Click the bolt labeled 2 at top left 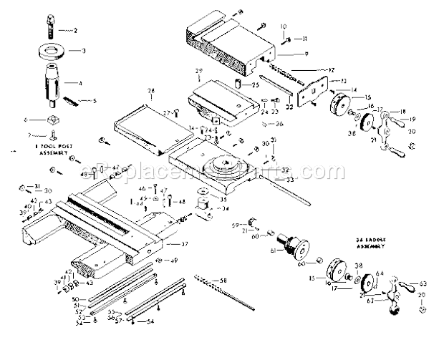coord(52,31)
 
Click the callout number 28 coord(151,92)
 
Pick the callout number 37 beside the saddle coord(184,244)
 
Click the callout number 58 coord(223,279)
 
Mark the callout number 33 coord(290,180)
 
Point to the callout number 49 coord(174,260)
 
